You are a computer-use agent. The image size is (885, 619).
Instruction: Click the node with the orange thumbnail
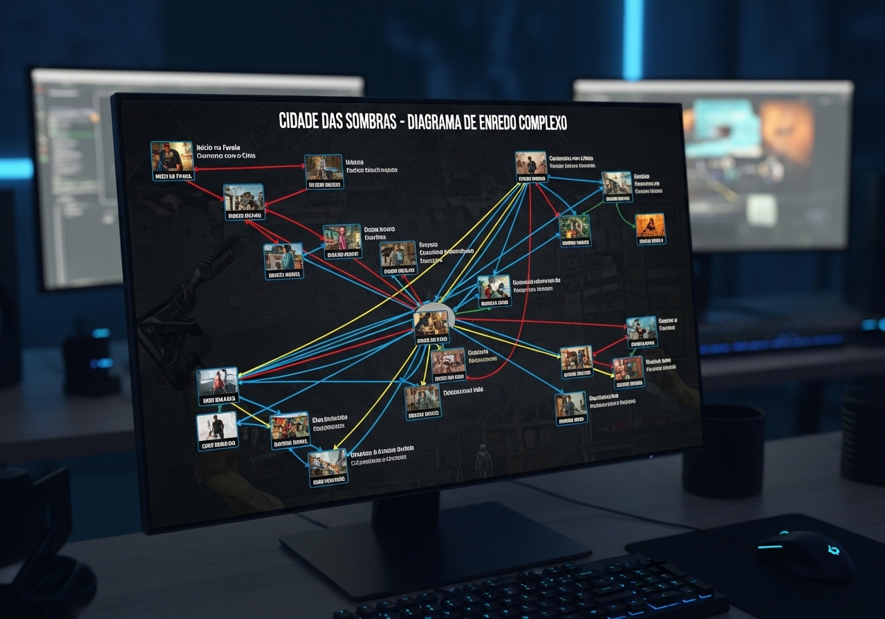(650, 229)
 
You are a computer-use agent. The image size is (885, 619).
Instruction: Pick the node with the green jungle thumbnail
(575, 231)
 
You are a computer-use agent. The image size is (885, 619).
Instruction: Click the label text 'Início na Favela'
(219, 147)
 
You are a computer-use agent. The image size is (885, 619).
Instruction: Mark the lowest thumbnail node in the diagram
(328, 466)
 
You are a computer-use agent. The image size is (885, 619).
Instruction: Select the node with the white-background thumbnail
(217, 430)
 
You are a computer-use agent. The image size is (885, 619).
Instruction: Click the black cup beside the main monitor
(723, 450)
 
